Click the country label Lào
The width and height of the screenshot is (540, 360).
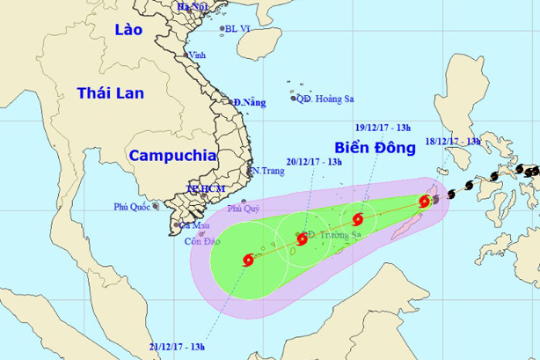click(128, 30)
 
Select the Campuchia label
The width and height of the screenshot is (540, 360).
click(172, 155)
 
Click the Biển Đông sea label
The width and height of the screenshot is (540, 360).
click(374, 146)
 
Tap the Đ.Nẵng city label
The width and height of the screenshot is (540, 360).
click(249, 103)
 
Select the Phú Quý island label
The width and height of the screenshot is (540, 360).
click(244, 209)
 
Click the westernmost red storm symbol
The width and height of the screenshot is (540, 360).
click(247, 260)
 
